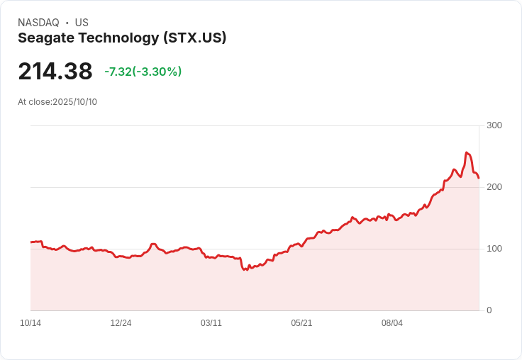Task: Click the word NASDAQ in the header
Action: pyautogui.click(x=38, y=23)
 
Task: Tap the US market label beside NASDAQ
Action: pyautogui.click(x=82, y=23)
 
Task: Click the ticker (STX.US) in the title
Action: pyautogui.click(x=194, y=38)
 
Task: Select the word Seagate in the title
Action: pyautogui.click(x=45, y=38)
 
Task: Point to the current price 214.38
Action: pyautogui.click(x=55, y=72)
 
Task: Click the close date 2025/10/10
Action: pyautogui.click(x=74, y=102)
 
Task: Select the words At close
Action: pyautogui.click(x=34, y=102)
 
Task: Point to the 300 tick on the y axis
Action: pyautogui.click(x=494, y=125)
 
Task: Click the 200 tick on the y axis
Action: pyautogui.click(x=494, y=187)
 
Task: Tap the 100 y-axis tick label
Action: pyautogui.click(x=494, y=249)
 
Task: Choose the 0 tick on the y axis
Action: pyautogui.click(x=489, y=310)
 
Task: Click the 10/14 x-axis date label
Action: pyautogui.click(x=30, y=323)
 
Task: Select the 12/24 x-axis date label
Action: pyautogui.click(x=121, y=323)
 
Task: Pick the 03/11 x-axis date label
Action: pyautogui.click(x=211, y=323)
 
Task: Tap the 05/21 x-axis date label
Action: pyautogui.click(x=301, y=323)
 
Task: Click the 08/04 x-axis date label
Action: pyautogui.click(x=392, y=323)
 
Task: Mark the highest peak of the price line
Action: pyautogui.click(x=466, y=152)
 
